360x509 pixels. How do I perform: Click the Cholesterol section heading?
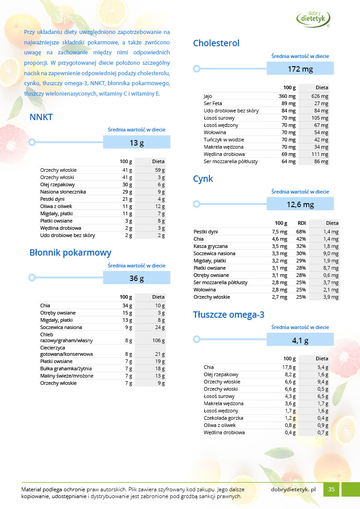[216, 44]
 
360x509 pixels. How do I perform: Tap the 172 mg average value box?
[300, 69]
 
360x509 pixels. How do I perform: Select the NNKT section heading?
[41, 117]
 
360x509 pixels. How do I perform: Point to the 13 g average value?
[136, 143]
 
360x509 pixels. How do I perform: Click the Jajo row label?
[208, 97]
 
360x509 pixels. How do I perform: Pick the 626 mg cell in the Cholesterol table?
[320, 97]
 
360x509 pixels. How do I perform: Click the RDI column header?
[302, 223]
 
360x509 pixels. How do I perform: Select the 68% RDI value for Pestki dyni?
[301, 232]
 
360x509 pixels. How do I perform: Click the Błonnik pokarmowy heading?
[70, 253]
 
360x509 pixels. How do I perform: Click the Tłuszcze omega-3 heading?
[229, 315]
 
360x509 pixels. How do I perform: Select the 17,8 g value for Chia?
[289, 367]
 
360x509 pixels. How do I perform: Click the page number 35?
[331, 489]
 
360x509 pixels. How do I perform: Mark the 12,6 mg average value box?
[300, 204]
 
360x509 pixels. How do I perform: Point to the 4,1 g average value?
[300, 340]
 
